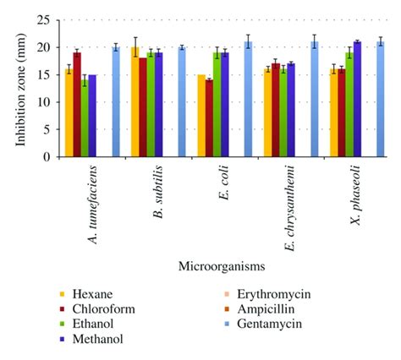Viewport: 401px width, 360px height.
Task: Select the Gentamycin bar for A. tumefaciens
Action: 116,103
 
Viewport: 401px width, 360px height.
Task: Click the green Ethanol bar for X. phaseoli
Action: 349,106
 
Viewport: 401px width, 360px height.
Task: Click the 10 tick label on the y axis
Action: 42,102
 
